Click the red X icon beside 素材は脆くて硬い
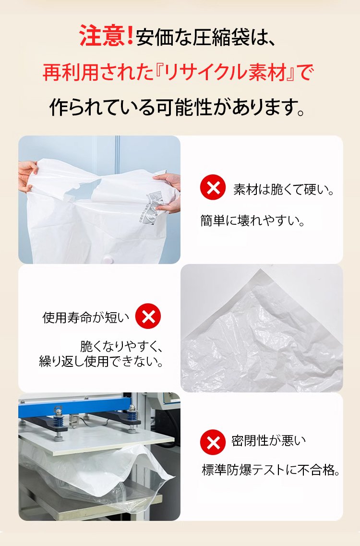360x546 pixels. click(213, 187)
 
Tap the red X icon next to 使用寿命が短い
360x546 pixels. click(148, 316)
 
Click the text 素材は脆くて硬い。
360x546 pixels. click(284, 189)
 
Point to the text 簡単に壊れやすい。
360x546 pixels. click(253, 221)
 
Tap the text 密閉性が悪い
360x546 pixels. click(268, 441)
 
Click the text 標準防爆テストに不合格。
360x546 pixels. click(271, 470)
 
